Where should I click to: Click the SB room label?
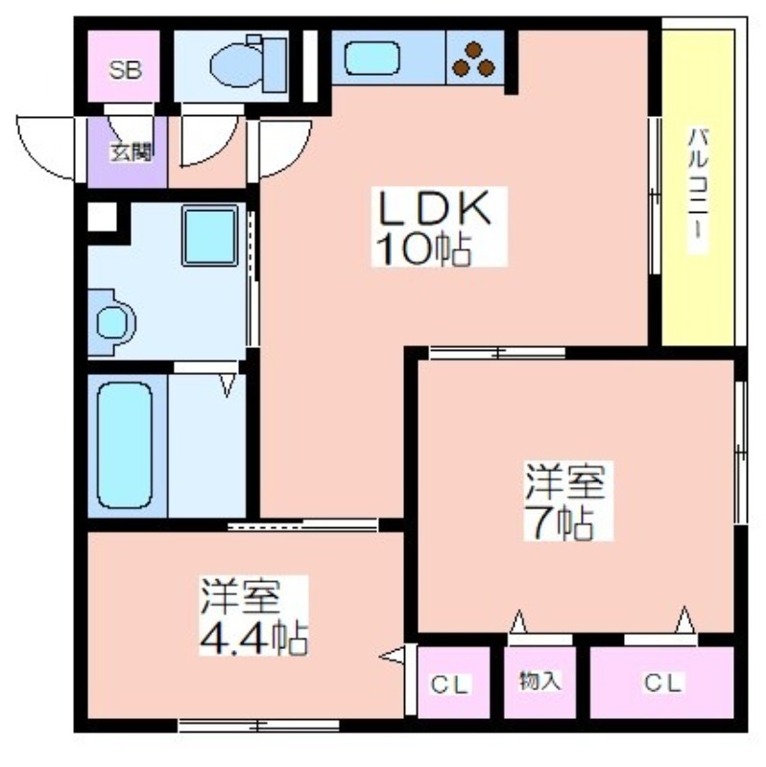pyautogui.click(x=126, y=70)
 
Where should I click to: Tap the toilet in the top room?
pyautogui.click(x=249, y=64)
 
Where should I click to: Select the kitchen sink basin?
pyautogui.click(x=371, y=58)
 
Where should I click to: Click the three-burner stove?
pyautogui.click(x=474, y=58)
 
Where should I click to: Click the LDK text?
pyautogui.click(x=432, y=207)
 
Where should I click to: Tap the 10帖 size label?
pyautogui.click(x=423, y=249)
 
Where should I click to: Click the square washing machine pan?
pyautogui.click(x=210, y=235)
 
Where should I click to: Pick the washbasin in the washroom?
pyautogui.click(x=111, y=322)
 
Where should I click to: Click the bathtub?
pyautogui.click(x=125, y=445)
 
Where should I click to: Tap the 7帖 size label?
pyautogui.click(x=563, y=523)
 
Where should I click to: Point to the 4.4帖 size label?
pyautogui.click(x=253, y=639)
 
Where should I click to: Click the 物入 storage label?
pyautogui.click(x=539, y=681)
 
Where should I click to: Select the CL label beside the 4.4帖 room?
pyautogui.click(x=450, y=685)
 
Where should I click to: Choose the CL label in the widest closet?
pyautogui.click(x=663, y=683)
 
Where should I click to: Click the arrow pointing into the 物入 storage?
pyautogui.click(x=517, y=621)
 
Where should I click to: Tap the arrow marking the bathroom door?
pyautogui.click(x=227, y=385)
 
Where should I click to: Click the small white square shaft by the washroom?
pyautogui.click(x=103, y=217)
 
